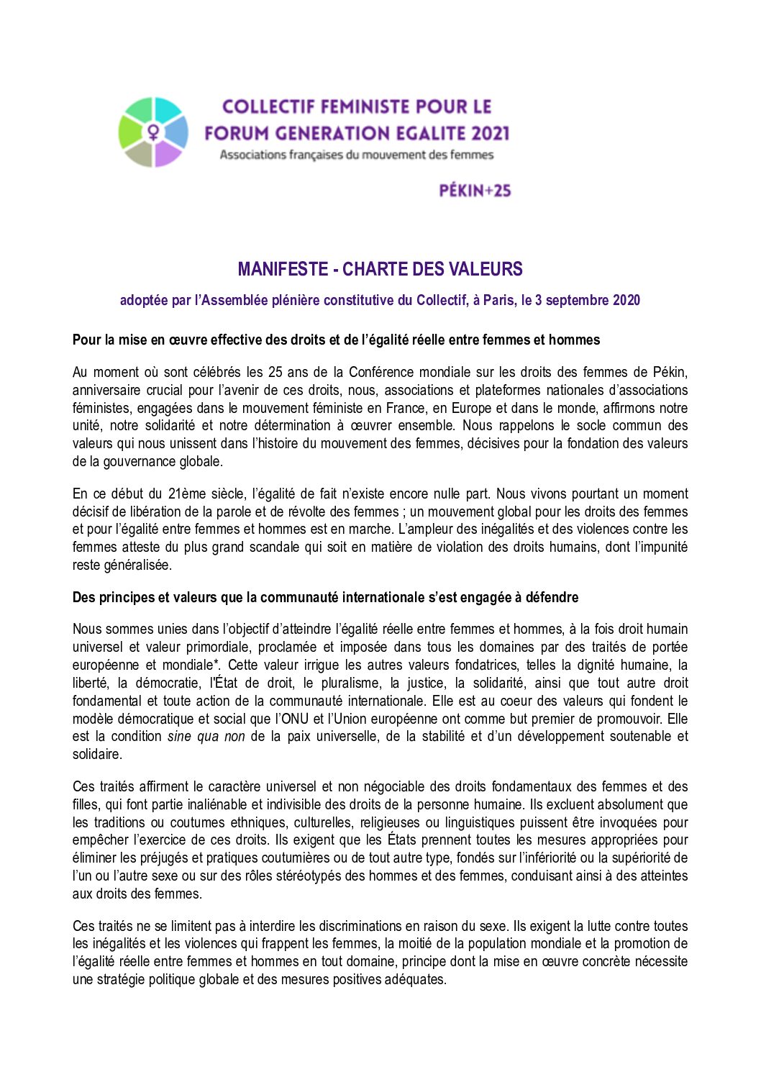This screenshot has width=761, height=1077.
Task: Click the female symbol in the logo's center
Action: (x=153, y=132)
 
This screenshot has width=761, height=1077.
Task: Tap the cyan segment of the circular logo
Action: (x=168, y=111)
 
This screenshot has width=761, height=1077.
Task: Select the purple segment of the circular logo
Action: (x=168, y=153)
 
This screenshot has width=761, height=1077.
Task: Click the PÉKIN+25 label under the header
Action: (x=475, y=191)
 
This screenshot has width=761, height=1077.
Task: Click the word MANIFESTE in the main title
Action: (x=283, y=269)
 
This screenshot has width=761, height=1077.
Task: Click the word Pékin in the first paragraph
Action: (x=670, y=372)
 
